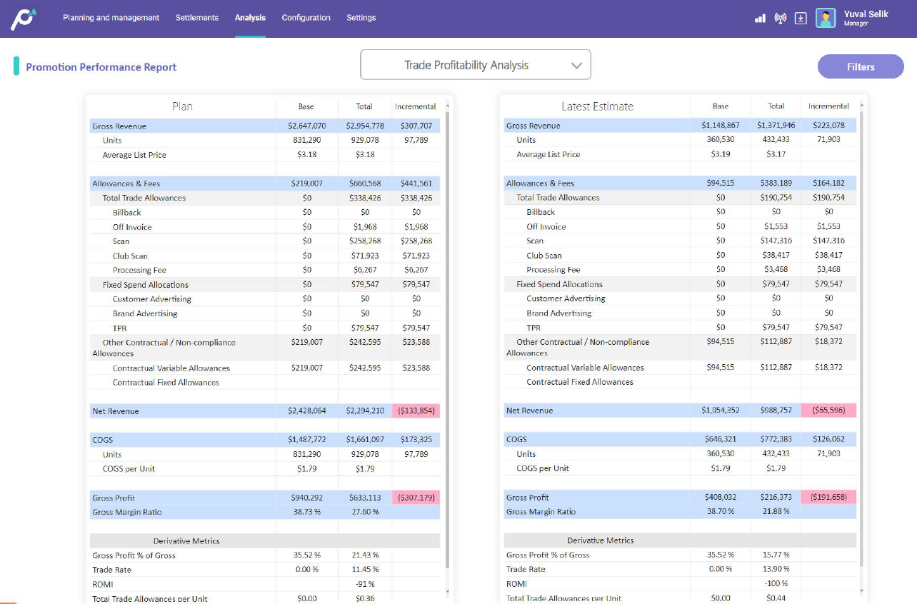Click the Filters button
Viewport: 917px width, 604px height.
pyautogui.click(x=860, y=66)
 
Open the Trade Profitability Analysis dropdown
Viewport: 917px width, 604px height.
pyautogui.click(x=476, y=65)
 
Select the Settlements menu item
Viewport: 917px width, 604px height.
pyautogui.click(x=197, y=18)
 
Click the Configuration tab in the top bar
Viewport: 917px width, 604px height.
pyautogui.click(x=306, y=18)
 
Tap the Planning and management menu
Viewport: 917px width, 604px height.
pyautogui.click(x=111, y=18)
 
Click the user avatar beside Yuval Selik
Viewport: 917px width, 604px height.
pyautogui.click(x=826, y=19)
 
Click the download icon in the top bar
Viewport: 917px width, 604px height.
pyautogui.click(x=801, y=19)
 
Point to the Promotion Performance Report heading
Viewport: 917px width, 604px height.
pyautogui.click(x=101, y=67)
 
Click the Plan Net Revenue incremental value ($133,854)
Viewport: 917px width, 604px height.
pyautogui.click(x=416, y=411)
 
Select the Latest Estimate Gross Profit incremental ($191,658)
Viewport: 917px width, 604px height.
pyautogui.click(x=828, y=497)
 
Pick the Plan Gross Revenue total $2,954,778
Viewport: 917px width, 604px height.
pyautogui.click(x=364, y=126)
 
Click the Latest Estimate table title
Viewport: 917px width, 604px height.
pyautogui.click(x=597, y=106)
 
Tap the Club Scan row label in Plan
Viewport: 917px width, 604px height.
pyautogui.click(x=130, y=256)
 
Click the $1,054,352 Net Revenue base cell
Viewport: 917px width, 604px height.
pyautogui.click(x=720, y=411)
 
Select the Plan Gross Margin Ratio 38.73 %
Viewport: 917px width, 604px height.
pyautogui.click(x=306, y=512)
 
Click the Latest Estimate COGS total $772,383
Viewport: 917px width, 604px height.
pyautogui.click(x=776, y=439)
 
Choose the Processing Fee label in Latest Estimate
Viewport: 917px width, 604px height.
pyautogui.click(x=553, y=270)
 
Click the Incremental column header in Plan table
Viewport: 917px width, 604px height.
pyautogui.click(x=415, y=106)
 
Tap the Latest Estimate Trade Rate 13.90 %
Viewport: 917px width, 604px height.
pyautogui.click(x=776, y=569)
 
